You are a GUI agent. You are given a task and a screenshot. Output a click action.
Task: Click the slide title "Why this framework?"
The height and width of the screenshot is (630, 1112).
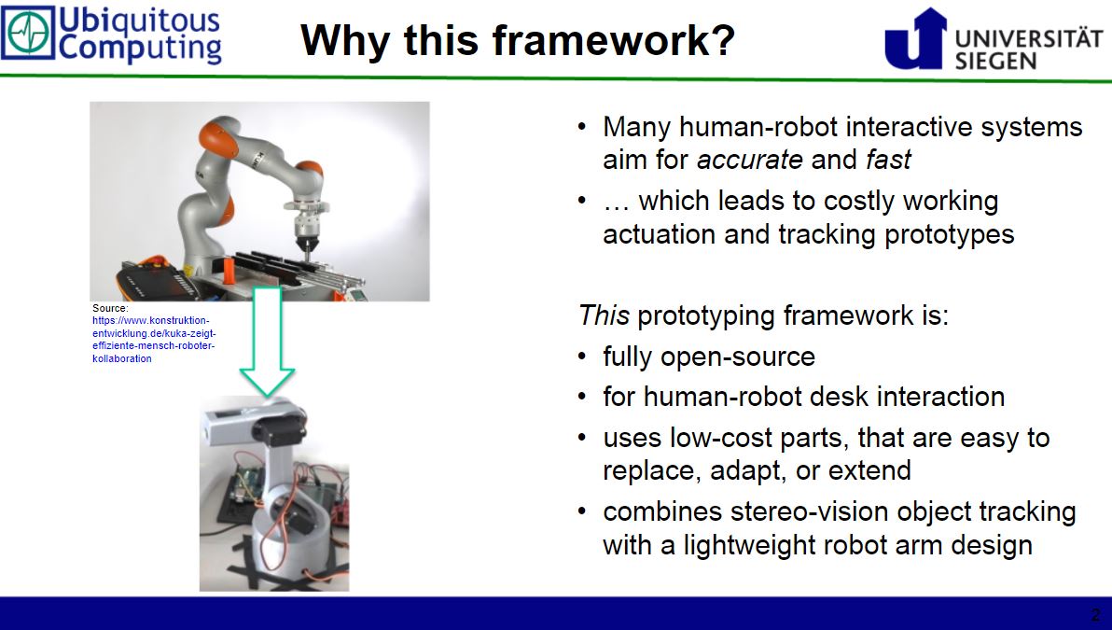(518, 40)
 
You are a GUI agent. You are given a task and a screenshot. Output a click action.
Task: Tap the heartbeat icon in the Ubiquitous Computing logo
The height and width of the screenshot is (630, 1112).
(28, 34)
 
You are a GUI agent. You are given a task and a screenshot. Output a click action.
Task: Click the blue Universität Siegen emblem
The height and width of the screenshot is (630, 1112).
(915, 38)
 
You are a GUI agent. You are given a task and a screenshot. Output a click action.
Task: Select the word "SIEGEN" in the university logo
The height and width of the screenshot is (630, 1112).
(995, 60)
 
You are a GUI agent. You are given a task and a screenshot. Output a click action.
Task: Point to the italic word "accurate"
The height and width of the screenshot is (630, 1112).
(749, 160)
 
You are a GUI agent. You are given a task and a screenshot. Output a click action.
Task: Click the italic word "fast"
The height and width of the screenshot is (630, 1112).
(887, 160)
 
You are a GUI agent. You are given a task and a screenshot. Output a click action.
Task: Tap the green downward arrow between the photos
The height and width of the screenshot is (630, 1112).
(267, 341)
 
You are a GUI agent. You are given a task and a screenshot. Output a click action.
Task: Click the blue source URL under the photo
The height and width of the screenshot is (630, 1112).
(155, 339)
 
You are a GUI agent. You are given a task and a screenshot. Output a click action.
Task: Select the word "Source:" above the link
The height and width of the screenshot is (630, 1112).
(109, 308)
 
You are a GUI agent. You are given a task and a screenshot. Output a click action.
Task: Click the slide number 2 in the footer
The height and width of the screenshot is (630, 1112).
(1095, 614)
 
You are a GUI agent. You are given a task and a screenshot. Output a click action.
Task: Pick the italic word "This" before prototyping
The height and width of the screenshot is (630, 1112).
(604, 315)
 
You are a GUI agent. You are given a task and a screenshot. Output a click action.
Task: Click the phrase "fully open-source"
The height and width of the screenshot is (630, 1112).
(708, 357)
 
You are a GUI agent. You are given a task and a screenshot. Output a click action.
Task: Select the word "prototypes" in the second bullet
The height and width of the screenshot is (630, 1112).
(944, 233)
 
